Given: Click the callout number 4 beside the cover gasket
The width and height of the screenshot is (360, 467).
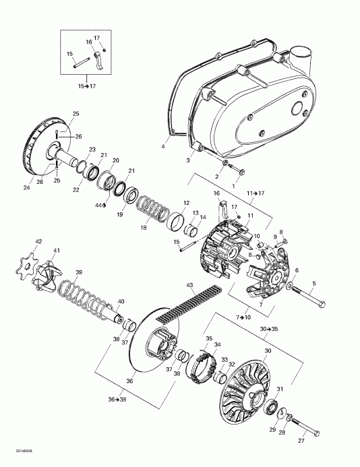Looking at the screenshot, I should tap(163, 146).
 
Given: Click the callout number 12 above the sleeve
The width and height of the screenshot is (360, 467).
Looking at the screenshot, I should tap(185, 202).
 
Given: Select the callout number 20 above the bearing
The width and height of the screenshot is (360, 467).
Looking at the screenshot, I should tap(115, 160).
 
